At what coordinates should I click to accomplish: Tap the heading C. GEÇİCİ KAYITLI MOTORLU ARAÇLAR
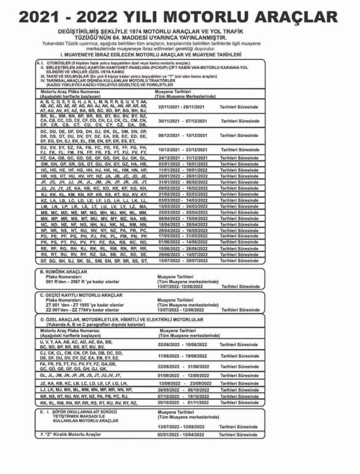[81, 295]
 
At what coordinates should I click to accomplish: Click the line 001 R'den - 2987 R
[83, 282]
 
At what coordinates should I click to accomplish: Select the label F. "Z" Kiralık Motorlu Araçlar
[71, 435]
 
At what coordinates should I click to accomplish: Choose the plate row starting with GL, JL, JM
[81, 375]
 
